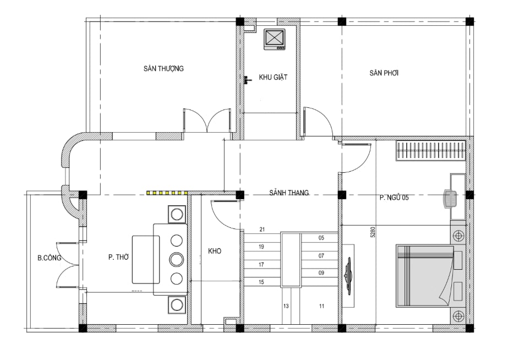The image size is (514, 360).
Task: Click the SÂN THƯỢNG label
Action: (163, 68)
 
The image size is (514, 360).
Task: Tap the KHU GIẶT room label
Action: (273, 77)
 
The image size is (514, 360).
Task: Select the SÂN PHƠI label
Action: (384, 73)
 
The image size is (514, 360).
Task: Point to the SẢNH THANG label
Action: (289, 193)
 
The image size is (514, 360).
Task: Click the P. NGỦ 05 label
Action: (394, 198)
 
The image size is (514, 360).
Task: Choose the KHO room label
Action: (215, 251)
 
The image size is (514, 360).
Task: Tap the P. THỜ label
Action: (118, 258)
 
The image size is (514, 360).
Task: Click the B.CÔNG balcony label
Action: (49, 258)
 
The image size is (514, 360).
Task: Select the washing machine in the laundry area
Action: (275, 40)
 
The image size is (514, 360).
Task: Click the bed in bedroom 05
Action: (424, 275)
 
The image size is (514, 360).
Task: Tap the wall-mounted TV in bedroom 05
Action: (348, 276)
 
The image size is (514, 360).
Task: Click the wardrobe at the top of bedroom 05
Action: (431, 150)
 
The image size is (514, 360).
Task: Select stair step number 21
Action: (262, 230)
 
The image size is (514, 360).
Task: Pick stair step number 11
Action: (321, 306)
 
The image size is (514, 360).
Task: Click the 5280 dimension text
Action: (372, 232)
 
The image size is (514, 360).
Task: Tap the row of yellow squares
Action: (167, 193)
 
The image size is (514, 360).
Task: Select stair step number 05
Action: (321, 238)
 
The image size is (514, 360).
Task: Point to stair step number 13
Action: (286, 306)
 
